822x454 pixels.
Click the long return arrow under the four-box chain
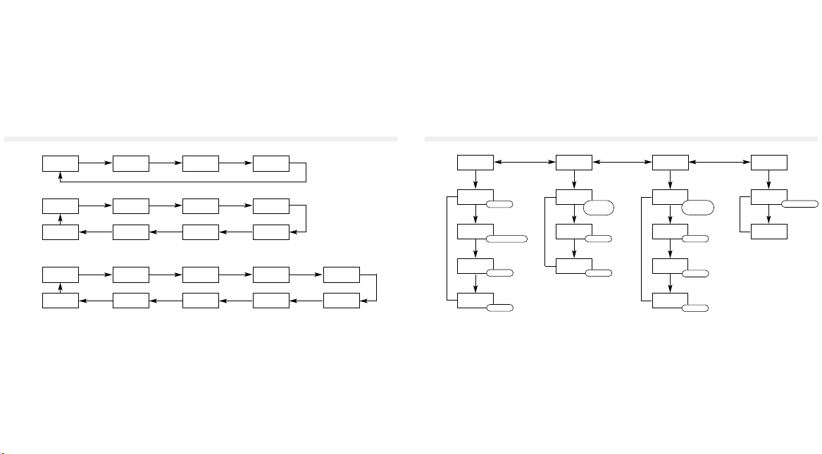coord(183,182)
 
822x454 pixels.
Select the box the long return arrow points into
coord(60,163)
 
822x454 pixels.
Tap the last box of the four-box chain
coord(270,163)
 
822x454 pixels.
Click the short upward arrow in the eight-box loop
coord(60,220)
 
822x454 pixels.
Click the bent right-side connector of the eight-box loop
coord(306,219)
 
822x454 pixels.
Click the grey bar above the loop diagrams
coord(200,139)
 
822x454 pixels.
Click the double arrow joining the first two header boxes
coord(525,163)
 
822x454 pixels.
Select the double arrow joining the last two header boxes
coord(720,163)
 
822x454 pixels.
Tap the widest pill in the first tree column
coord(506,239)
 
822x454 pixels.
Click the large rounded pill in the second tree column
coord(599,207)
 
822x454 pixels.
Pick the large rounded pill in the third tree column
coord(697,207)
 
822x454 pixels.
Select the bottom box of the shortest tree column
coord(768,231)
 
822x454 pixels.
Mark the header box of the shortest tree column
coord(768,163)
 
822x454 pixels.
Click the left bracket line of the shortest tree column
coord(740,215)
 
